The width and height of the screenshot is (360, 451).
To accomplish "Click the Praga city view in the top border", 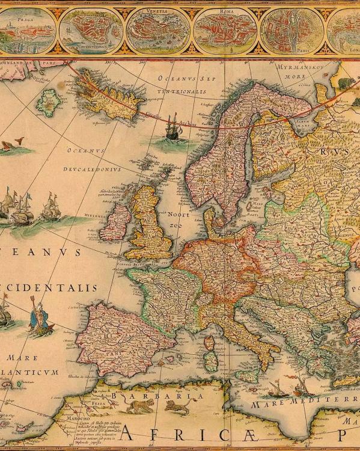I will [27, 30].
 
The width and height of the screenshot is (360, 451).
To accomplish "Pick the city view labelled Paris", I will [288, 30].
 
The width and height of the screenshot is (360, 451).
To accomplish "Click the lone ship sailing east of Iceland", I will [172, 128].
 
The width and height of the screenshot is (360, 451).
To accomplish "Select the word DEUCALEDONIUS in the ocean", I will [94, 170].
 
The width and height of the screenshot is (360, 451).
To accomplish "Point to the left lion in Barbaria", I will [140, 407].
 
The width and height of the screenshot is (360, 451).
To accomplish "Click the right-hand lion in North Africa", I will [178, 408].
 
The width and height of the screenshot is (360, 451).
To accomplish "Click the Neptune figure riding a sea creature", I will [41, 319].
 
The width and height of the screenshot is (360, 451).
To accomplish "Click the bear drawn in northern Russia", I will [346, 83].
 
